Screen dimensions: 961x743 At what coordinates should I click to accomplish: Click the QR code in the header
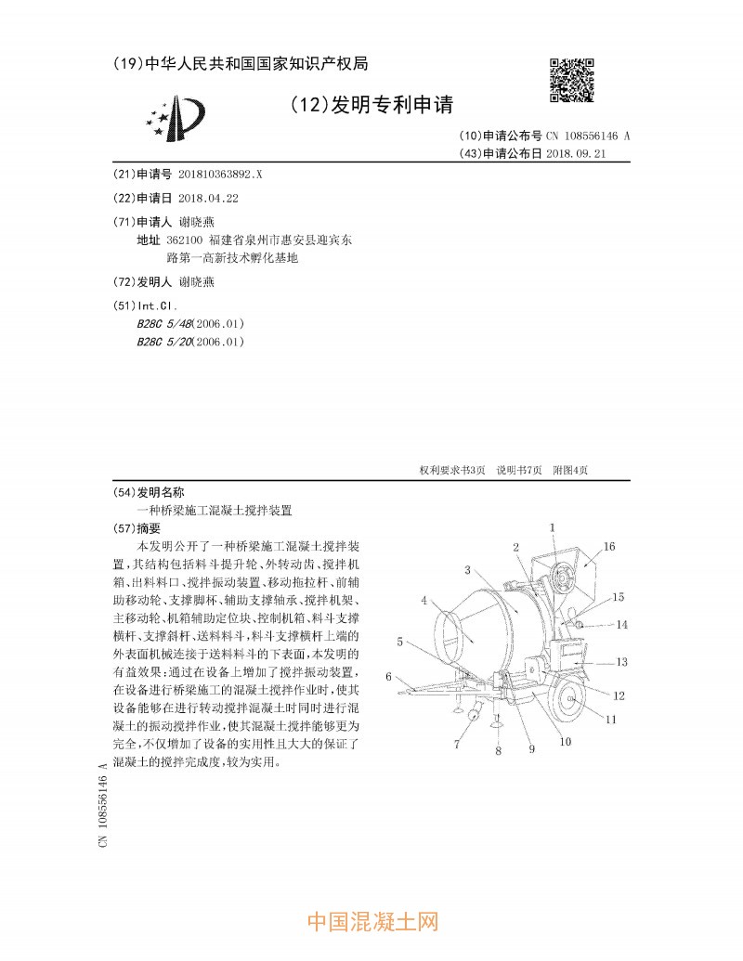click(x=571, y=80)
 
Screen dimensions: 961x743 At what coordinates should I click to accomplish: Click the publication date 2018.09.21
click(x=576, y=153)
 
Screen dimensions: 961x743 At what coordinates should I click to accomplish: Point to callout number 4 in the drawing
click(x=424, y=601)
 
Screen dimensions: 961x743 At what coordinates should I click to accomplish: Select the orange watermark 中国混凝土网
click(x=371, y=921)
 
